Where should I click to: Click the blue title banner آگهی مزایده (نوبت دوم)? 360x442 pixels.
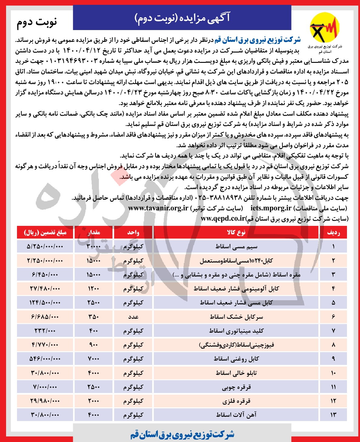(182, 18)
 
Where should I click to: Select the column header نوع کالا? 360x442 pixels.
(236, 233)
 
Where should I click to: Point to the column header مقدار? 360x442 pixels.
(93, 233)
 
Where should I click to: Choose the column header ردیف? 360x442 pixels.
(333, 233)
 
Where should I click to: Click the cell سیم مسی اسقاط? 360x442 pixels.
(236, 246)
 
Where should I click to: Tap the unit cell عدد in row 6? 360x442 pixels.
(133, 317)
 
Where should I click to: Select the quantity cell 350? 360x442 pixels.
(93, 317)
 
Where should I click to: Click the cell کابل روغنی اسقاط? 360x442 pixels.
(236, 359)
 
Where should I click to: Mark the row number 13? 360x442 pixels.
(333, 415)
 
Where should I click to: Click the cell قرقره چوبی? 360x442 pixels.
(236, 387)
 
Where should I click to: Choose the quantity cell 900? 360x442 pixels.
(93, 345)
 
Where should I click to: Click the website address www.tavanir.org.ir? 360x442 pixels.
(158, 208)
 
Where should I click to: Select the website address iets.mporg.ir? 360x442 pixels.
(271, 208)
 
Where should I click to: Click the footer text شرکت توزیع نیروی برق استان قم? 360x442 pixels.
(182, 434)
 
